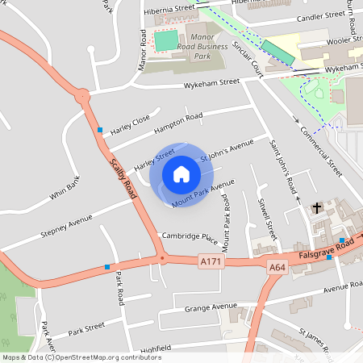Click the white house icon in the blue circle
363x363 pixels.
(181, 174)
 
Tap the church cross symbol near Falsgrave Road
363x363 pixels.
(317, 208)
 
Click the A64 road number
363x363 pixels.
(277, 266)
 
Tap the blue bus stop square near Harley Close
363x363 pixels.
(100, 130)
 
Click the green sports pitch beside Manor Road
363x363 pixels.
(166, 40)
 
